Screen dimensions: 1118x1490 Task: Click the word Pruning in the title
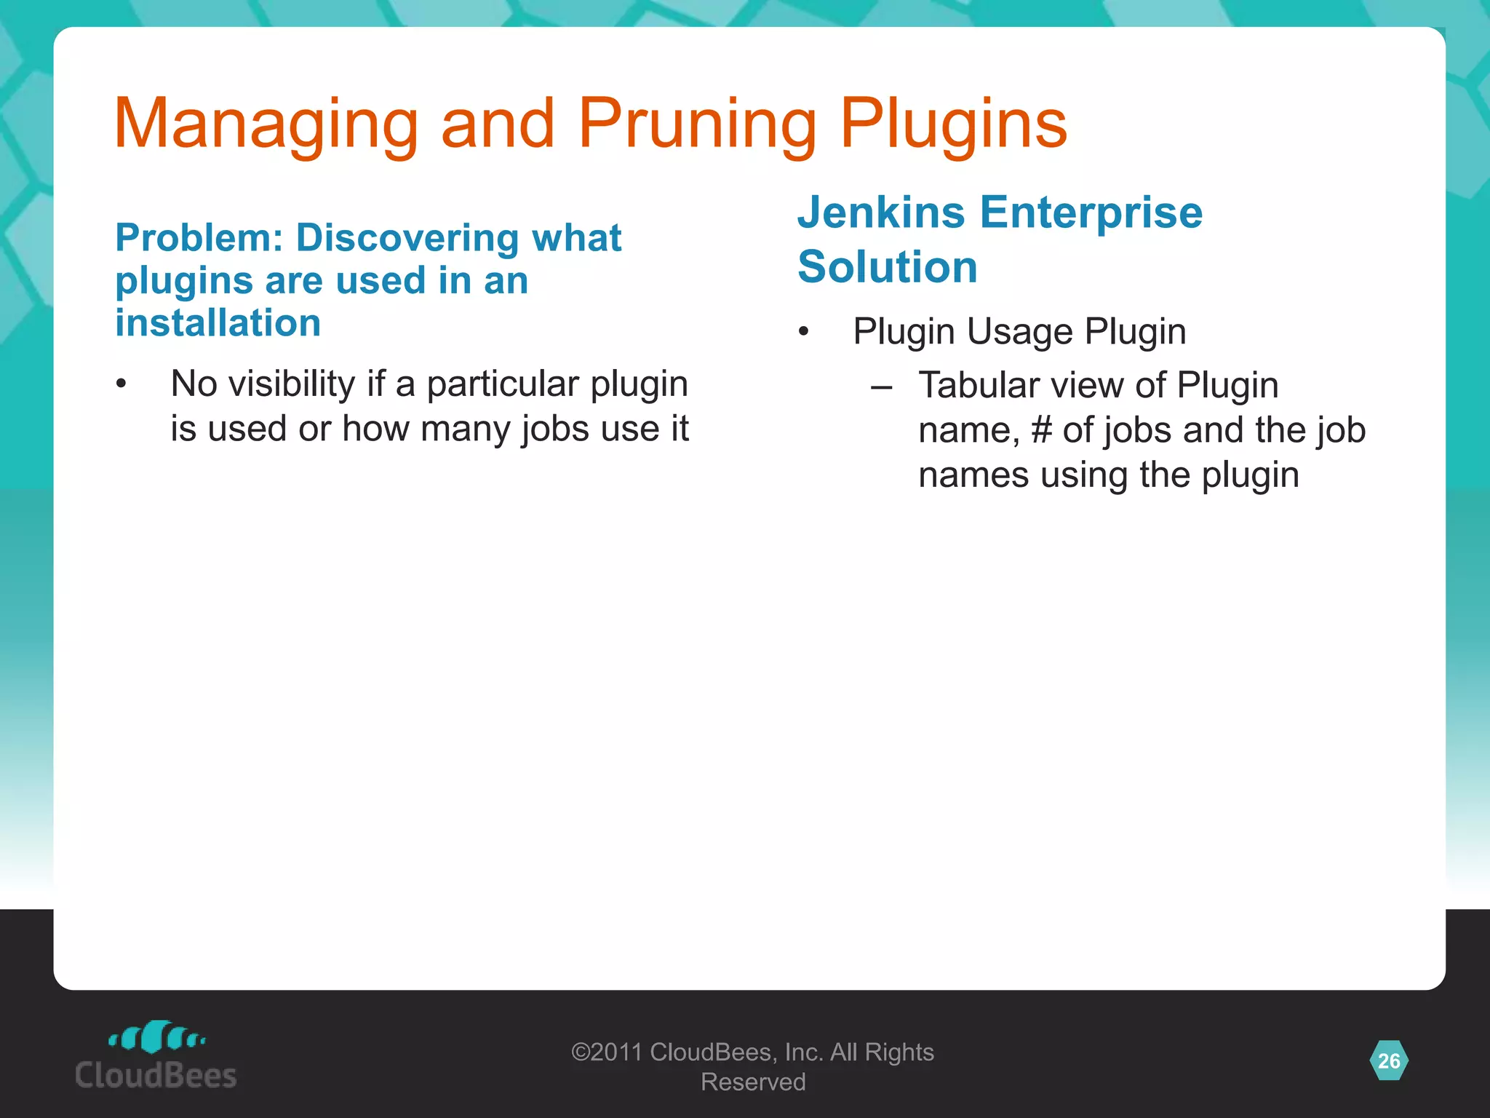coord(697,125)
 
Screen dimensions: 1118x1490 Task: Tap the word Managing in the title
coord(266,125)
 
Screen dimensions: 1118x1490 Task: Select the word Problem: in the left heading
coord(199,238)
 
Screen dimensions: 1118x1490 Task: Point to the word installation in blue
coord(218,323)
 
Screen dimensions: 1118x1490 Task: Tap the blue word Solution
coord(887,266)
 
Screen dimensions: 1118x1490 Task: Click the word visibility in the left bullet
coord(292,384)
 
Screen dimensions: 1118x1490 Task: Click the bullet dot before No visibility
coord(121,384)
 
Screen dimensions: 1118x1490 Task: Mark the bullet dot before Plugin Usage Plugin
coord(803,333)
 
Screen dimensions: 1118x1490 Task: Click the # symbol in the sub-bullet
coord(1041,430)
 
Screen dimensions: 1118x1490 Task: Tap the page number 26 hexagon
coord(1388,1060)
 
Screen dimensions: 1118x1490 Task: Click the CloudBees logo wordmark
coord(156,1075)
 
